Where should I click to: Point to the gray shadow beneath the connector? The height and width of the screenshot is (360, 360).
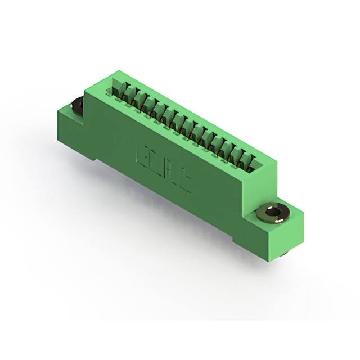tap(169, 225)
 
